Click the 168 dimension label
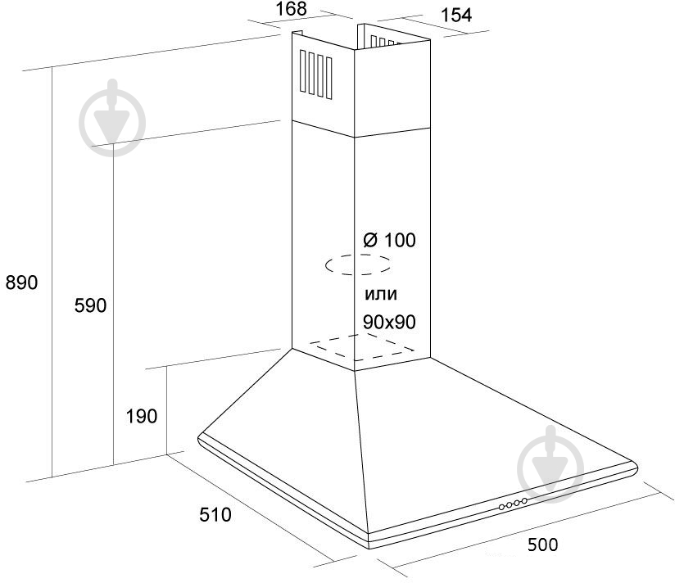[x=291, y=9]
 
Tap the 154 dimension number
[x=456, y=15]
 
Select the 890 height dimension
[x=21, y=282]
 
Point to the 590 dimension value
[x=90, y=305]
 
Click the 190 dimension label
[x=142, y=416]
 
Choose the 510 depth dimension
[x=215, y=514]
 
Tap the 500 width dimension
[x=543, y=545]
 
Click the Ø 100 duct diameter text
[x=390, y=240]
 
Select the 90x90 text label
[x=390, y=322]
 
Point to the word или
[x=381, y=294]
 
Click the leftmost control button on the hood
[x=502, y=508]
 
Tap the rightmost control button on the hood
[x=524, y=501]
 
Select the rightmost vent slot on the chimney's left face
[x=328, y=78]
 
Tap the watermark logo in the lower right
[x=550, y=463]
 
